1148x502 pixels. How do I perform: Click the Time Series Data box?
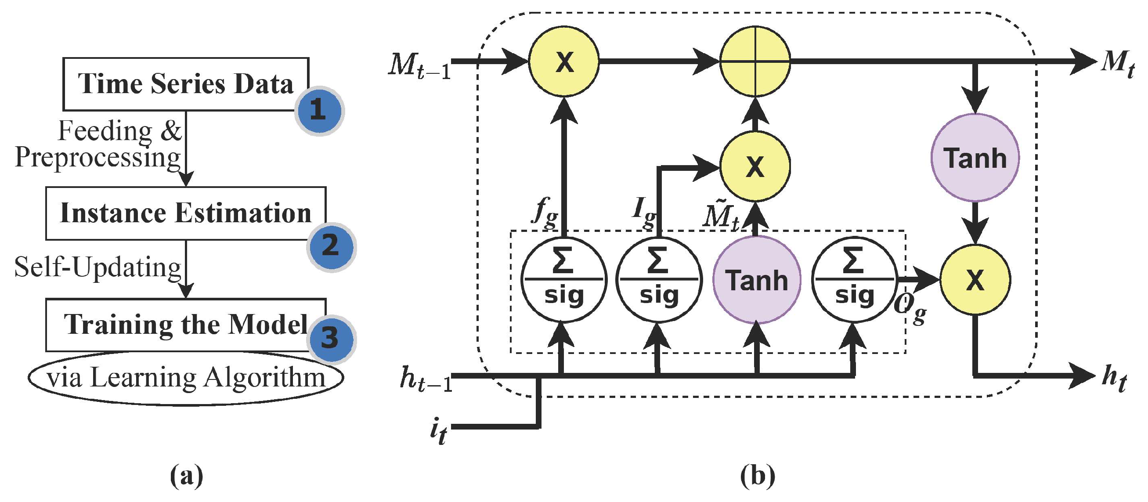coord(185,84)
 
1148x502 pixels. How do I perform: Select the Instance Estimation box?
coord(185,213)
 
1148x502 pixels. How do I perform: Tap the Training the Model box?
coord(185,324)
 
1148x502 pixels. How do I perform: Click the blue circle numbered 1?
coord(319,110)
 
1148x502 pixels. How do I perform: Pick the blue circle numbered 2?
coord(331,246)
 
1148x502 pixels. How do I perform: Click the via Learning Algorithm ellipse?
coord(185,378)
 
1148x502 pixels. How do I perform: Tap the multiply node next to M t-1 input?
coord(564,61)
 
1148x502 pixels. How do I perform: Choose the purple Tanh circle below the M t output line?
coord(975,157)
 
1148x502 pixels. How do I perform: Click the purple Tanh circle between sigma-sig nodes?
coord(757,280)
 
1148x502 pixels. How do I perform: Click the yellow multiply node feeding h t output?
coord(975,280)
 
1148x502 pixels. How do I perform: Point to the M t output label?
coord(1118,64)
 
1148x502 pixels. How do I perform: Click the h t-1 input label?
coord(426,379)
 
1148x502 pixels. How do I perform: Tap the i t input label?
coord(439,431)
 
